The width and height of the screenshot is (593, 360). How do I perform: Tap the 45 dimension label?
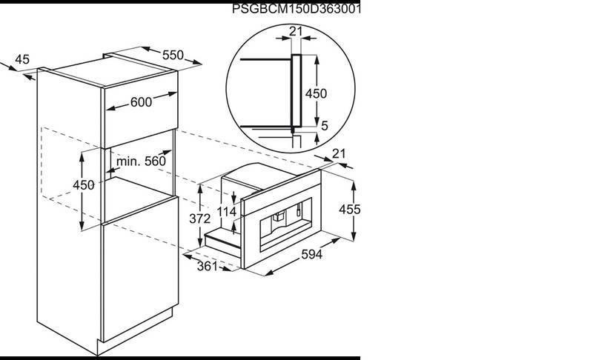[x=22, y=59]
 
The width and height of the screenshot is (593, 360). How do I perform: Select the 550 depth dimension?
[x=172, y=56]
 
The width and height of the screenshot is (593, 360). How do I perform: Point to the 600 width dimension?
[x=141, y=104]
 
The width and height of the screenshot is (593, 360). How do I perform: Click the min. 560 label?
[x=140, y=161]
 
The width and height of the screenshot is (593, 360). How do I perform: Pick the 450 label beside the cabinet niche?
[x=84, y=185]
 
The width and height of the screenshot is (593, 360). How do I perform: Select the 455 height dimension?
[x=349, y=210]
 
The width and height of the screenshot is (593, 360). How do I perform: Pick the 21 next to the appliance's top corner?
[x=339, y=153]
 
